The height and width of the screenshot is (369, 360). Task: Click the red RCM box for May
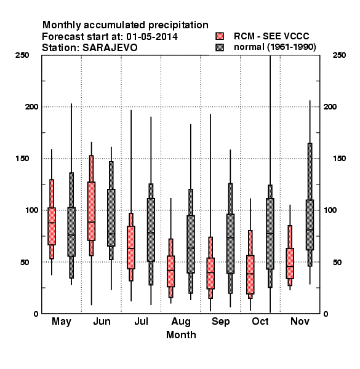(x=52, y=226)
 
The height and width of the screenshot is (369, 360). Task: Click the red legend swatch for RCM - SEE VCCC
(x=220, y=36)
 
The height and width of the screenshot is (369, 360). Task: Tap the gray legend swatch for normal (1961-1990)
(x=220, y=47)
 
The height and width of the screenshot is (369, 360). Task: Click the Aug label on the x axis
(x=181, y=322)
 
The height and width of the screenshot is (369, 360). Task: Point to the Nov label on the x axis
(x=300, y=321)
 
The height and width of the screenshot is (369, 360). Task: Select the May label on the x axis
(x=62, y=322)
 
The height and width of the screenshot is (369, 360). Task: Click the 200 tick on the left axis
(x=32, y=106)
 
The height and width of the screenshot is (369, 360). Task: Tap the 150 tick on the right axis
(x=339, y=159)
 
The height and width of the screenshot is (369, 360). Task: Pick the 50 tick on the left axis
(x=25, y=262)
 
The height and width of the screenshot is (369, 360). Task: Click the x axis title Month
(x=181, y=335)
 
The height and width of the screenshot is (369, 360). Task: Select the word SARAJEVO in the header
(x=110, y=48)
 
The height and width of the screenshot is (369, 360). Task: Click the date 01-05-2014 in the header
(x=152, y=37)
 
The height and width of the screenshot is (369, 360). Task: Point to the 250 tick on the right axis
(x=339, y=55)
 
